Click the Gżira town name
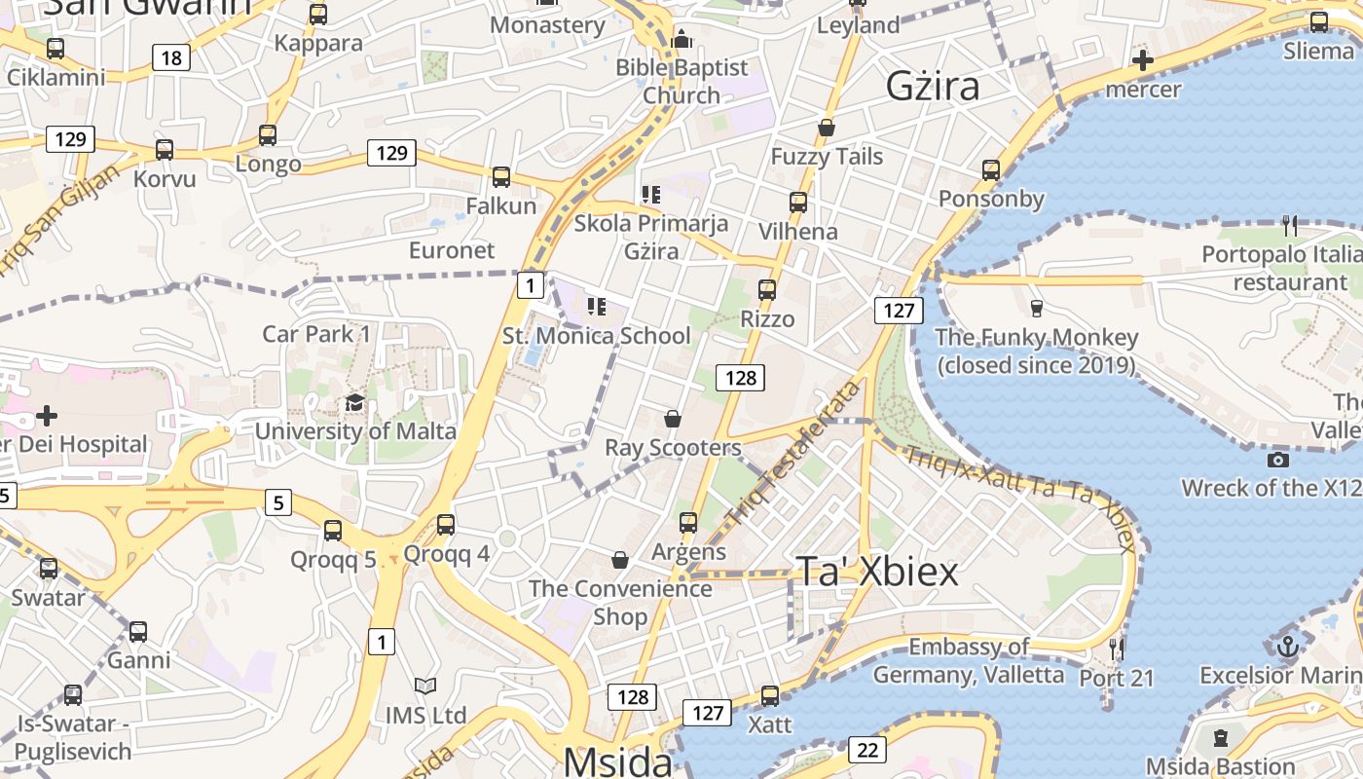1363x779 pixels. click(932, 87)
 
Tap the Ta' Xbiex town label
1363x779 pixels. click(878, 572)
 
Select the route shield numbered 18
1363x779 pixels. click(170, 57)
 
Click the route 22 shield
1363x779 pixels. click(866, 749)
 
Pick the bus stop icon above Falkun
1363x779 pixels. click(501, 177)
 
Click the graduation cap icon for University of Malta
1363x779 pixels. click(354, 403)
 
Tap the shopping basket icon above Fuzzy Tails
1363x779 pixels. click(827, 128)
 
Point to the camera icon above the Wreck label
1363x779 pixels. click(1278, 460)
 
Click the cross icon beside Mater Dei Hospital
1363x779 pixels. click(46, 417)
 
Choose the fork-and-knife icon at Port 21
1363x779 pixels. click(1117, 648)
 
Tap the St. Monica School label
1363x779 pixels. click(596, 336)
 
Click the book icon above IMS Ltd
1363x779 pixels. click(424, 686)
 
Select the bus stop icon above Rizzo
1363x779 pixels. click(767, 290)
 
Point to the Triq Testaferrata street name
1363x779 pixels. click(795, 454)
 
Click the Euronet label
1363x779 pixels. click(452, 250)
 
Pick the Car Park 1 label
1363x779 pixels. click(316, 334)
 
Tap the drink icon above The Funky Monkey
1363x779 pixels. click(1036, 309)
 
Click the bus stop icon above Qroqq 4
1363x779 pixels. click(446, 525)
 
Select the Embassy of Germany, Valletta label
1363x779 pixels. click(969, 660)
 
